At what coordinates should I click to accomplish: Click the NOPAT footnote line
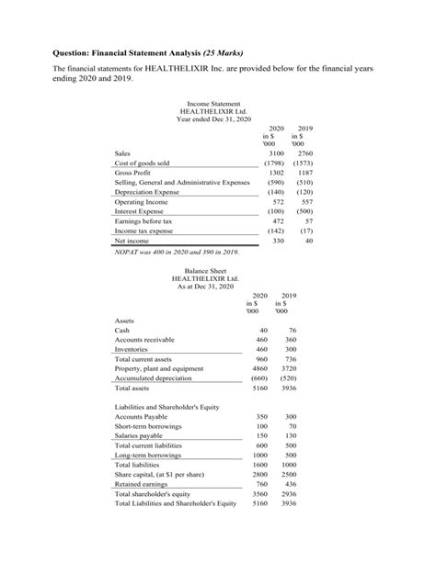coord(177,251)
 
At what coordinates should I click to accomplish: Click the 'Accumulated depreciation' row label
coord(154,378)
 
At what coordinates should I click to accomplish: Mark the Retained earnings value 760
coord(260,483)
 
